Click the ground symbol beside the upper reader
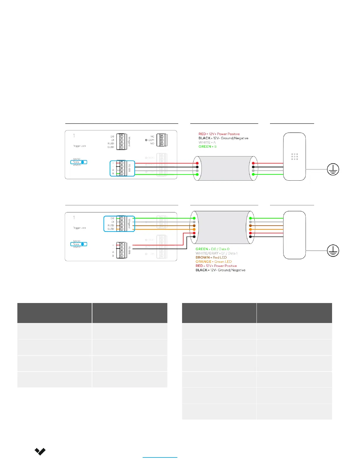pos(333,169)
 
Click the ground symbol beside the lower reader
pos(333,251)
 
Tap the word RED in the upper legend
pos(202,134)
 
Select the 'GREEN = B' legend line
pos(207,147)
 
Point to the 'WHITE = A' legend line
pos(207,142)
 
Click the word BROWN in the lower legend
pos(203,257)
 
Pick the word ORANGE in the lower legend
pos(203,262)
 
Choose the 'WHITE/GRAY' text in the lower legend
pos(207,253)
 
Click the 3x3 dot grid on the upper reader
pos(294,157)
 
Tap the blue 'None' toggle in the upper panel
pos(79,162)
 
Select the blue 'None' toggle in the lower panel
pos(79,244)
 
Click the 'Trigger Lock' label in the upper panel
pos(79,146)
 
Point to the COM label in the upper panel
pos(151,140)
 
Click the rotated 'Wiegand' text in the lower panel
pos(129,224)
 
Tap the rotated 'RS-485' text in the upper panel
pos(129,168)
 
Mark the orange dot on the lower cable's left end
pos(194,229)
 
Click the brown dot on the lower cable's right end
pos(250,226)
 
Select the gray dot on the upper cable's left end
pos(197,171)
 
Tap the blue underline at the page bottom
pos(160,457)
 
